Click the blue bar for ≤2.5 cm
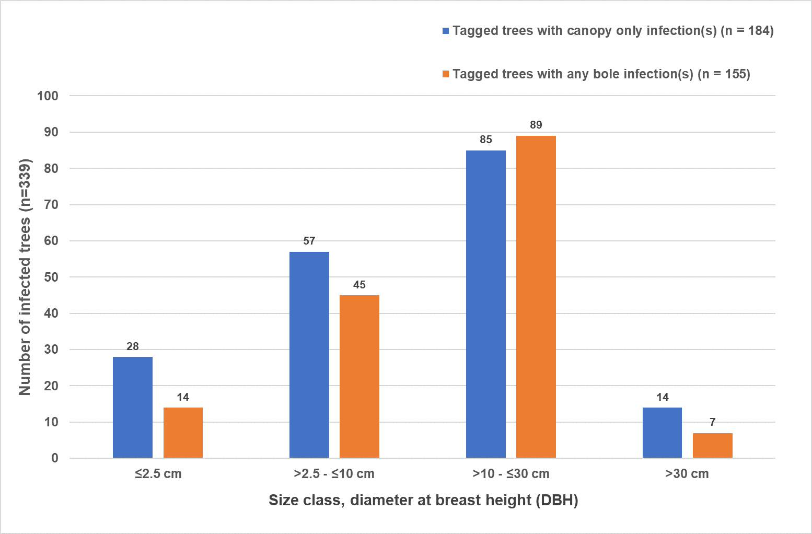pos(133,408)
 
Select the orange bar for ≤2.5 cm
pos(183,433)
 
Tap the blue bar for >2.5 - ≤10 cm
pos(309,355)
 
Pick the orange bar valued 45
pos(359,376)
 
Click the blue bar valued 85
pos(486,304)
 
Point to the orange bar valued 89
pos(536,297)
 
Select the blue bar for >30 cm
pos(662,433)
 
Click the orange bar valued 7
pos(713,445)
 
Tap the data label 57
pos(309,241)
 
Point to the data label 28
pos(133,346)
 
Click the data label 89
pos(536,125)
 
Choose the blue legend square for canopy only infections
pos(446,31)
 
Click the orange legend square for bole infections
pos(446,74)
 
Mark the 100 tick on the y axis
pos(48,96)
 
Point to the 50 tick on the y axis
pos(51,277)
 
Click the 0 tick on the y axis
pos(55,458)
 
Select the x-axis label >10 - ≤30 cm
pos(511,474)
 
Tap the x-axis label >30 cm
pos(687,474)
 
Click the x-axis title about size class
pos(423,501)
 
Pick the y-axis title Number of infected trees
pos(25,277)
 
